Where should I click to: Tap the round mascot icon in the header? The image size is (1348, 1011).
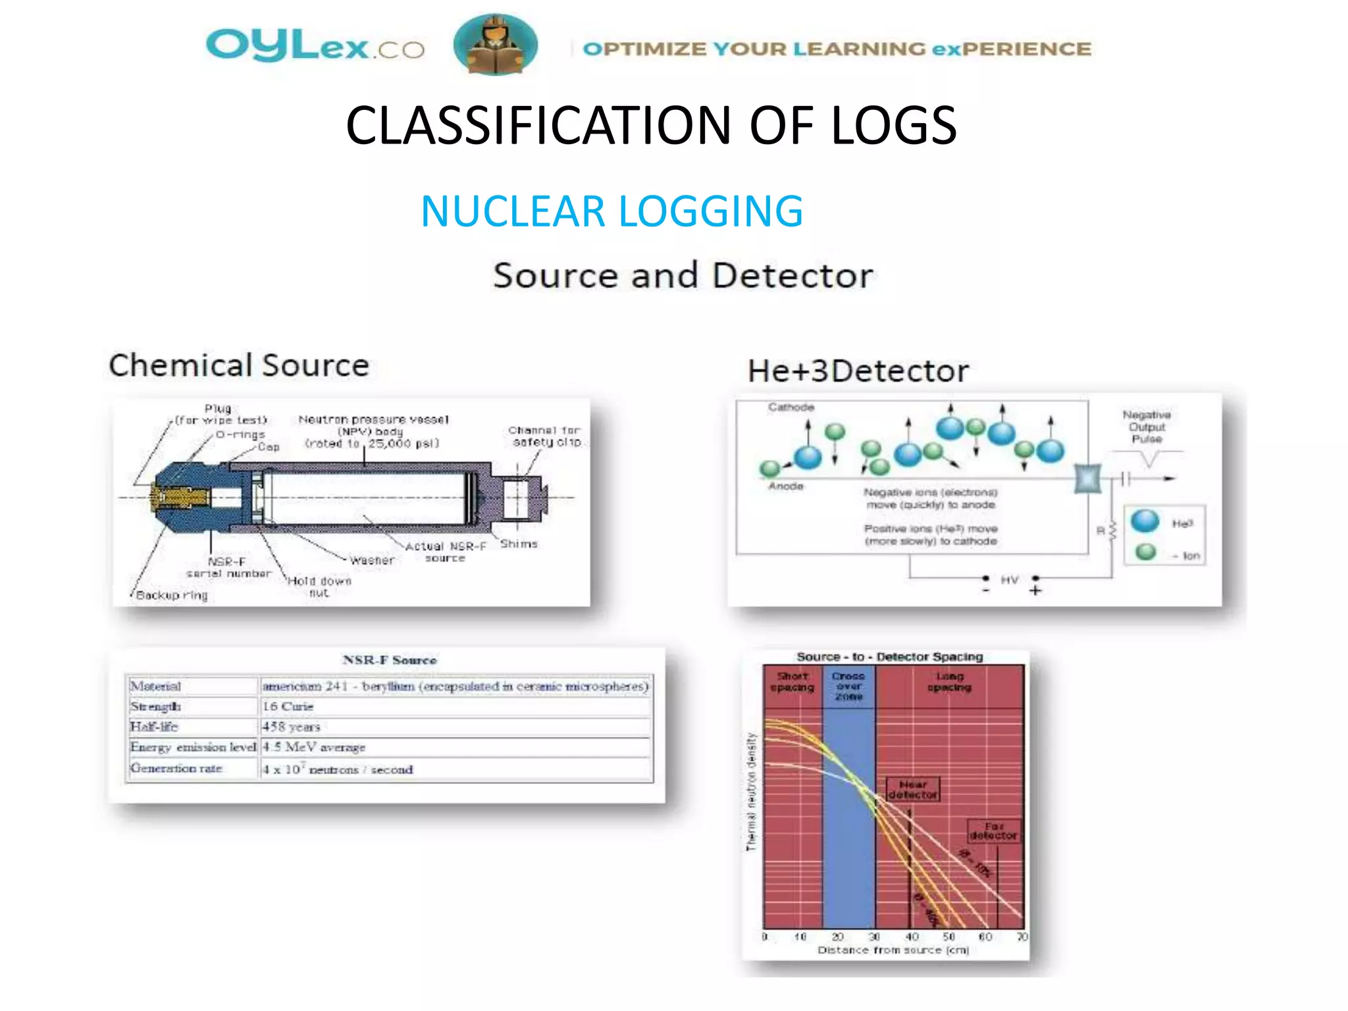pos(495,45)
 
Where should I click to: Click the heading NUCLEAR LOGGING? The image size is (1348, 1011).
pos(611,211)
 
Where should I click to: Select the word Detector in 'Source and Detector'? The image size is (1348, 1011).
pos(792,275)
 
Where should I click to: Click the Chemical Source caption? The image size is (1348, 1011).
pos(239,365)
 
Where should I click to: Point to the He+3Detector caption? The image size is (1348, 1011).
pos(858,371)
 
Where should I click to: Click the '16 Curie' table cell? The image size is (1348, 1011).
pos(288,706)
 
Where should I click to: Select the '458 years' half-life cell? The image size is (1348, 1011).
pos(291,727)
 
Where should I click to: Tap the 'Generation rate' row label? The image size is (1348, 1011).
pos(176,768)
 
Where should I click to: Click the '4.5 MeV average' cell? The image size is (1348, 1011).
pos(313,747)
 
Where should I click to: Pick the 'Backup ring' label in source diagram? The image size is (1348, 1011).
pos(171,595)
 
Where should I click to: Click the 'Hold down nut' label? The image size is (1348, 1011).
pos(319,586)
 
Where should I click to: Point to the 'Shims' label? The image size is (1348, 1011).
pos(519,544)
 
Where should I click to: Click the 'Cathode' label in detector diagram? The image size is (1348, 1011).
pos(791,407)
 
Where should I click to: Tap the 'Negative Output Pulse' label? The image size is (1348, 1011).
pos(1146,427)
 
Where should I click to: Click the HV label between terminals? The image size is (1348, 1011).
pos(1009,580)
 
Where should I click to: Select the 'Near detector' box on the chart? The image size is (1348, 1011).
pos(912,789)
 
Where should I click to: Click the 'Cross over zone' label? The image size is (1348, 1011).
pos(848,686)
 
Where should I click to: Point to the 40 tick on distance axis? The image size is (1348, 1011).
pos(912,936)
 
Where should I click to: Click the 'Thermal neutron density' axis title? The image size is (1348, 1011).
pos(751,792)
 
